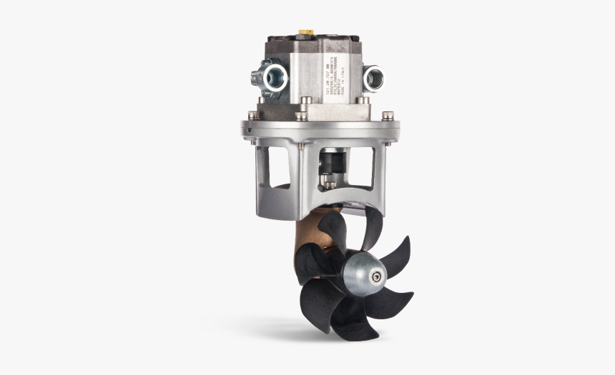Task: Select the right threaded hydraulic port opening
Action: tap(374, 78)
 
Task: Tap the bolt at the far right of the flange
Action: tap(388, 115)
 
